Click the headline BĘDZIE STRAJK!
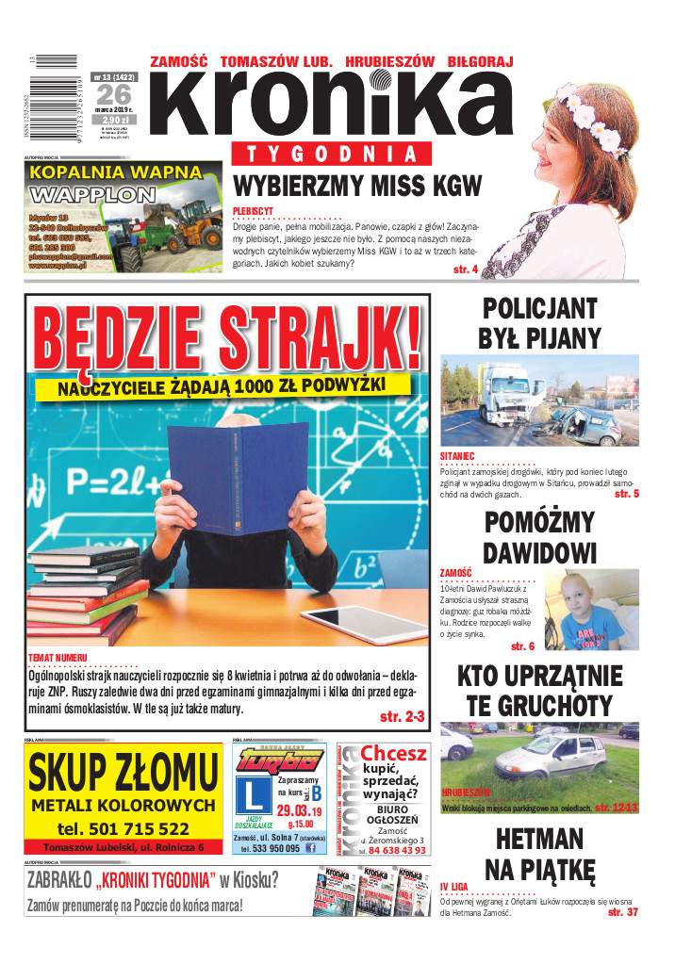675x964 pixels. coord(226,335)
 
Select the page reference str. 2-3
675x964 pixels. coord(402,717)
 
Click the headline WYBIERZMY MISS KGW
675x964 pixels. coord(357,185)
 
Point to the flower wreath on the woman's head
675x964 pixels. coord(585,108)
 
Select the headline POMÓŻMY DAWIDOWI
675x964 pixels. coord(539,537)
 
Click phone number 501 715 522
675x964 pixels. coord(123,828)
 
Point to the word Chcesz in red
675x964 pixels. coord(394,753)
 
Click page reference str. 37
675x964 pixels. coord(622,912)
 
